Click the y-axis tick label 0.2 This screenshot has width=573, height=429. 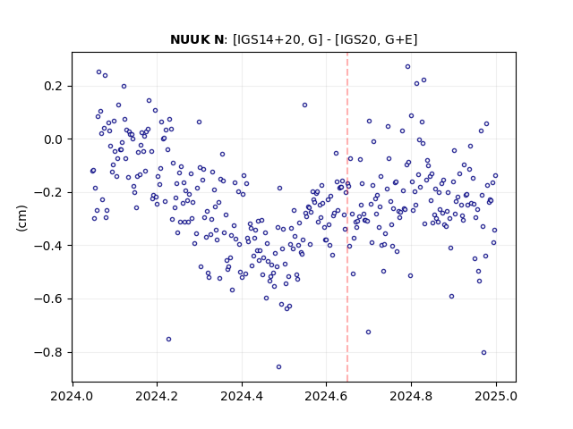point(54,87)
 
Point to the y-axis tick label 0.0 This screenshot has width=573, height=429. point(54,139)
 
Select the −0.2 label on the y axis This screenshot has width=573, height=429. point(49,193)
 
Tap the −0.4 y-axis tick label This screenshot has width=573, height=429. point(49,246)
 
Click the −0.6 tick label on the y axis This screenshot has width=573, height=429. point(49,299)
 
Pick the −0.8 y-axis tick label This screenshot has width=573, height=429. point(49,352)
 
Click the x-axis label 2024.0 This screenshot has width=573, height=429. point(72,396)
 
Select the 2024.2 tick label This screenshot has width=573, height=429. point(157,396)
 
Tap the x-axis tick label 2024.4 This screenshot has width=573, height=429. point(242,396)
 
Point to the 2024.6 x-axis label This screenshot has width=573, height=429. point(326,396)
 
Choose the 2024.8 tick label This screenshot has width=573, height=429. point(411,396)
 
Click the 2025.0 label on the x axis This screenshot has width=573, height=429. point(496,396)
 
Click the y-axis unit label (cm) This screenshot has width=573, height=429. point(21,218)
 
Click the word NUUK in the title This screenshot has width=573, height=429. point(189,39)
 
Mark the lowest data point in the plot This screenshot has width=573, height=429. point(278,367)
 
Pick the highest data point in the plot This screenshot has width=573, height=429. point(408,67)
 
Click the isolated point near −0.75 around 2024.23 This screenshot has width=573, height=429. point(169,340)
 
